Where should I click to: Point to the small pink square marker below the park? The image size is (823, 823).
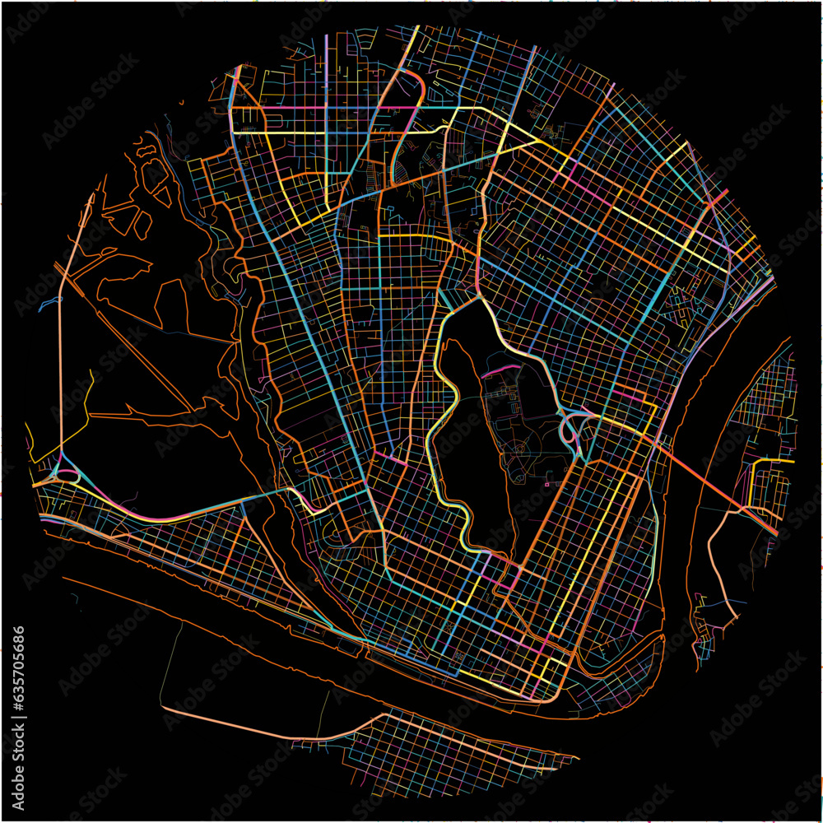546,485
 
